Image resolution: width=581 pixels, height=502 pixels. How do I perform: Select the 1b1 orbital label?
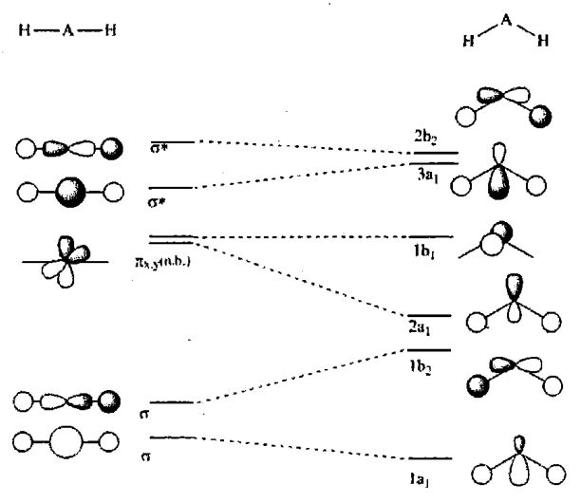click(423, 254)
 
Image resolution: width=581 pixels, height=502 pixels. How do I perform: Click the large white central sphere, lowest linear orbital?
click(66, 442)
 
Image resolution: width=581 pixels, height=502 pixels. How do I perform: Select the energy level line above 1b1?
click(433, 236)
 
